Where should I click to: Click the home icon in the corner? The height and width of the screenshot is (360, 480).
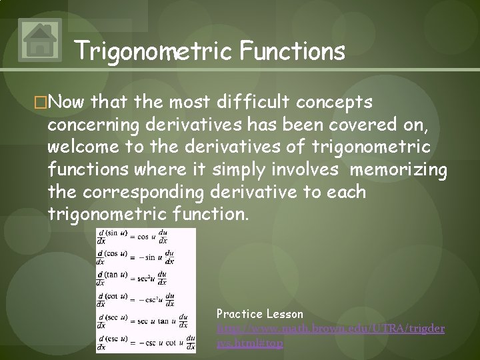tap(41, 39)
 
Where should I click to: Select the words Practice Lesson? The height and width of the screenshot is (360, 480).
tap(260, 313)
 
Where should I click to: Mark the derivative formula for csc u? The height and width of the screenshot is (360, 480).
tap(145, 342)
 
